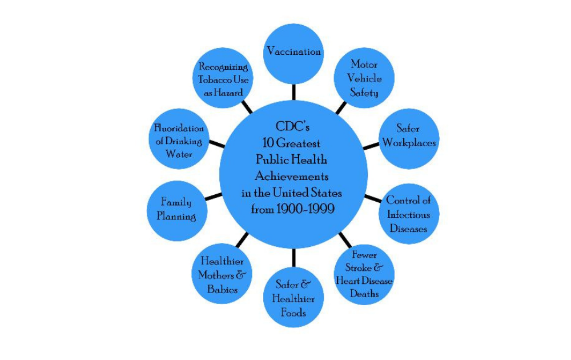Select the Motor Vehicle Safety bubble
click(x=364, y=78)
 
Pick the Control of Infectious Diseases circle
click(x=408, y=214)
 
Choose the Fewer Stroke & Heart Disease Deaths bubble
click(x=364, y=274)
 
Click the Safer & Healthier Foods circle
click(x=293, y=297)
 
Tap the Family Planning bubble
click(x=176, y=209)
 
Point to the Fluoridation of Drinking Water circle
click(x=179, y=141)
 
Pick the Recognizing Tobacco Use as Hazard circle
click(x=223, y=79)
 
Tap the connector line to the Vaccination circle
click(x=293, y=91)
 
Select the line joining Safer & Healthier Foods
click(x=293, y=257)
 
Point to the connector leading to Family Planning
click(x=214, y=197)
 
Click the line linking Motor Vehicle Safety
click(x=341, y=107)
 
